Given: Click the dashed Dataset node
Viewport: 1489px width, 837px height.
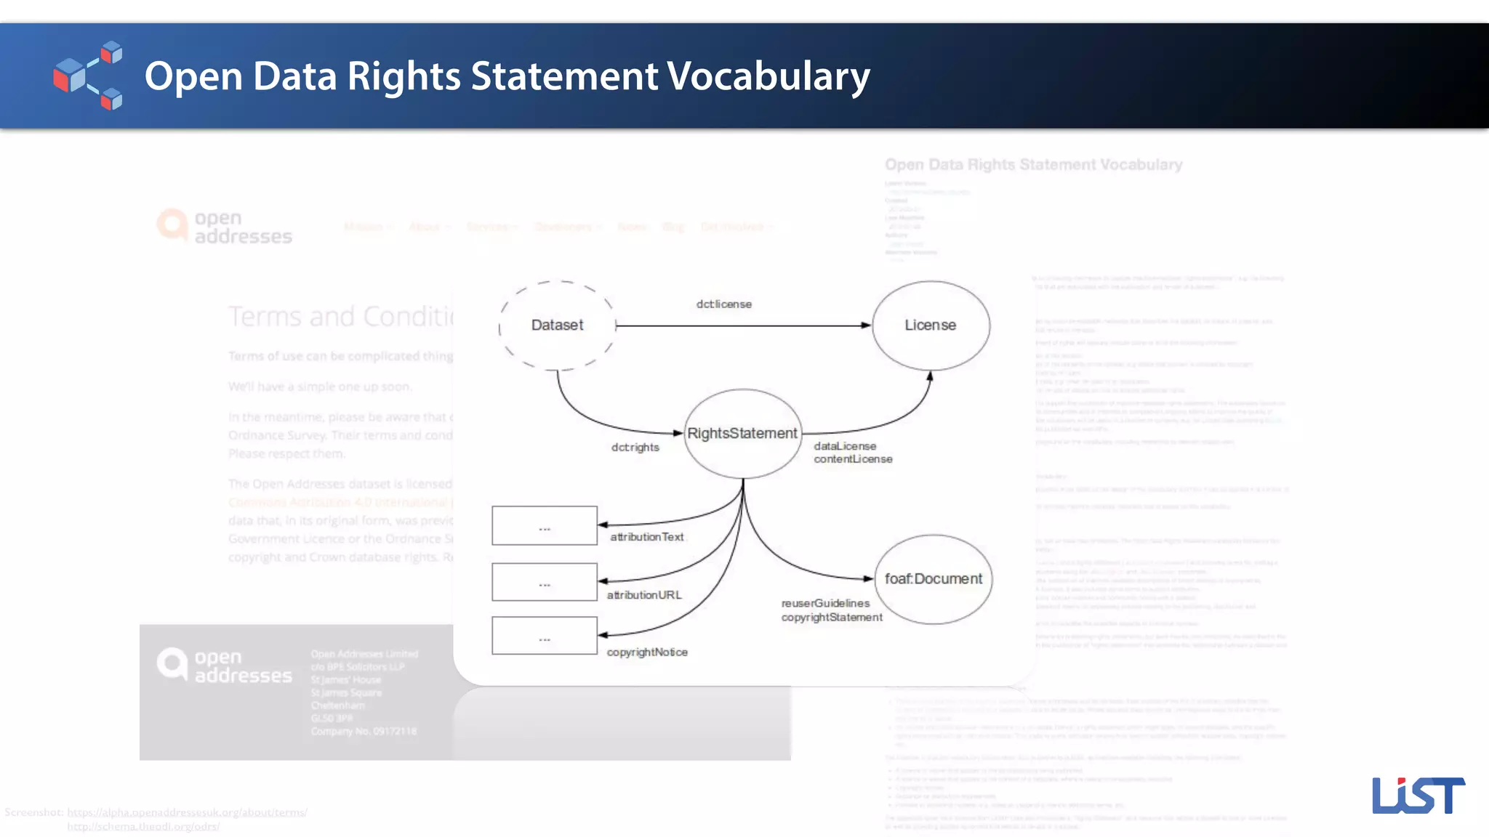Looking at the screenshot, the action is click(x=557, y=325).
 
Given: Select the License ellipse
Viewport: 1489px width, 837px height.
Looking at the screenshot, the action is click(x=931, y=325).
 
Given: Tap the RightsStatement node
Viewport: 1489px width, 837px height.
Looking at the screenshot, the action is click(x=742, y=434).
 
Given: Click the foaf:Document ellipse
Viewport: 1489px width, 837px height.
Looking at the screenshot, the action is click(x=933, y=579).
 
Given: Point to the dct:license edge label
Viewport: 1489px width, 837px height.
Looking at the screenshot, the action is click(x=723, y=304).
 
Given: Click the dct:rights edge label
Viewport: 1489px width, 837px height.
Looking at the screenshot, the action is click(x=635, y=448).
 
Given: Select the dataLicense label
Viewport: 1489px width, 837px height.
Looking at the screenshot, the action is click(x=845, y=446).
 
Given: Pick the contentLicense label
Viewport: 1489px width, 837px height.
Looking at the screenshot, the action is click(x=853, y=459).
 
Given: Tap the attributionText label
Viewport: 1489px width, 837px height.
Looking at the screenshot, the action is click(x=646, y=537).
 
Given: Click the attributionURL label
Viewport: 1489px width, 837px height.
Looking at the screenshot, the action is click(x=644, y=595).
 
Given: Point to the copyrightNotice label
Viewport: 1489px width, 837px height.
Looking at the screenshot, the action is click(x=647, y=652).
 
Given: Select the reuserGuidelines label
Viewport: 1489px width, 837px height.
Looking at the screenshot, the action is click(x=825, y=603).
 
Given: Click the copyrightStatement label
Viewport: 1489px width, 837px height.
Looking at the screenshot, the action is click(x=832, y=618).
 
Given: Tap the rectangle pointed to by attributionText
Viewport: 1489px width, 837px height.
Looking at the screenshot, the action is click(x=545, y=525).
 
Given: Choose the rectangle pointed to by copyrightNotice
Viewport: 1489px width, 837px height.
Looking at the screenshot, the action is click(x=545, y=636).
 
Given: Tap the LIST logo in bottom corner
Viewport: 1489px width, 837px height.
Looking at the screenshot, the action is click(x=1418, y=796).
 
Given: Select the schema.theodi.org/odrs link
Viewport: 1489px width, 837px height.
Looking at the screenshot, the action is click(x=143, y=826).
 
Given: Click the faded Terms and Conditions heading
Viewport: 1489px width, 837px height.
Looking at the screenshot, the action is click(x=340, y=317).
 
